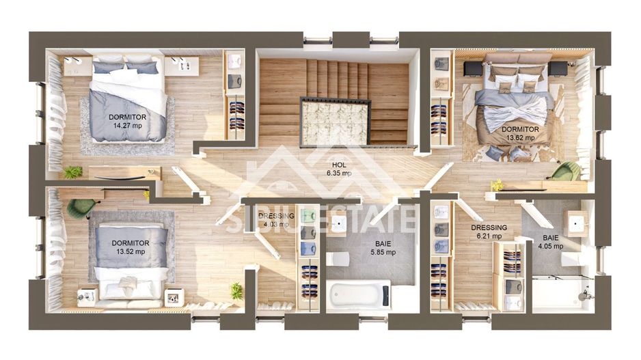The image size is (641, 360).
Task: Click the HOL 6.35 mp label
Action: pos(339,169)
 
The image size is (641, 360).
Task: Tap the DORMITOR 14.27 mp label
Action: pos(128,122)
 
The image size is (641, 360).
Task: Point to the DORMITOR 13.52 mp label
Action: pos(131,247)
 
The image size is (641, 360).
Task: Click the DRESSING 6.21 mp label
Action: pos(489,232)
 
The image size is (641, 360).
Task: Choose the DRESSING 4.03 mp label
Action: pos(276,220)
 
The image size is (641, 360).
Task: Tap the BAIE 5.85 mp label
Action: pos(383,248)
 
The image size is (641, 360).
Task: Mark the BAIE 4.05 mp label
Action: pos(551,242)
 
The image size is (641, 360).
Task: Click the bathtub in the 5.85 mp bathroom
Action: pos(359,294)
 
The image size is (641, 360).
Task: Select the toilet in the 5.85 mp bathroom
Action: pos(338,259)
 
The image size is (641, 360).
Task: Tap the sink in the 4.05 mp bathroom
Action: pos(576,223)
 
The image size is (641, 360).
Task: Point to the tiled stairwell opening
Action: pos(334,122)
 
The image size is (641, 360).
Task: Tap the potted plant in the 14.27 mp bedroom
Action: pos(72,172)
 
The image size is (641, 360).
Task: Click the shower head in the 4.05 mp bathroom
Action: pos(585,294)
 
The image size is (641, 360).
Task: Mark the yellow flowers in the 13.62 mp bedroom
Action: pos(497,185)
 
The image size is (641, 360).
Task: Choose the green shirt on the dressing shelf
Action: pos(309,215)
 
